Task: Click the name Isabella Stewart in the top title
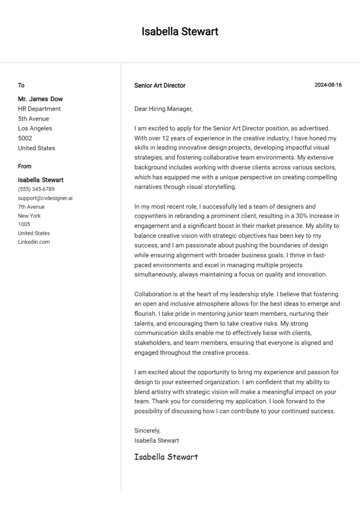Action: tap(180, 32)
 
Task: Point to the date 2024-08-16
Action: tap(328, 85)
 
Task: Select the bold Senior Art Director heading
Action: tap(160, 86)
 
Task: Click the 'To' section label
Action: tap(21, 85)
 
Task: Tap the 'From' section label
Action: tap(25, 166)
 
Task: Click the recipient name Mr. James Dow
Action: tap(40, 99)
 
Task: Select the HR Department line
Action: tap(39, 109)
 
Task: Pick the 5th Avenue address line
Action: tap(33, 119)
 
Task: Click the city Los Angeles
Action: tap(35, 128)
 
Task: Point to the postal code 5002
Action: tap(25, 138)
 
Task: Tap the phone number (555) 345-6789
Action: tap(36, 189)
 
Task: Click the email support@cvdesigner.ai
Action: tap(45, 198)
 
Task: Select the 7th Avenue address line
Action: tap(31, 207)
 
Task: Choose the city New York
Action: tap(29, 215)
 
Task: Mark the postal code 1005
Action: tap(24, 224)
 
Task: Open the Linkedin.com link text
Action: tap(34, 242)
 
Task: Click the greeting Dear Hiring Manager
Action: tap(163, 109)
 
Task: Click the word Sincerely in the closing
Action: tap(147, 431)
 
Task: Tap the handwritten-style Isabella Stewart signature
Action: tap(166, 457)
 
